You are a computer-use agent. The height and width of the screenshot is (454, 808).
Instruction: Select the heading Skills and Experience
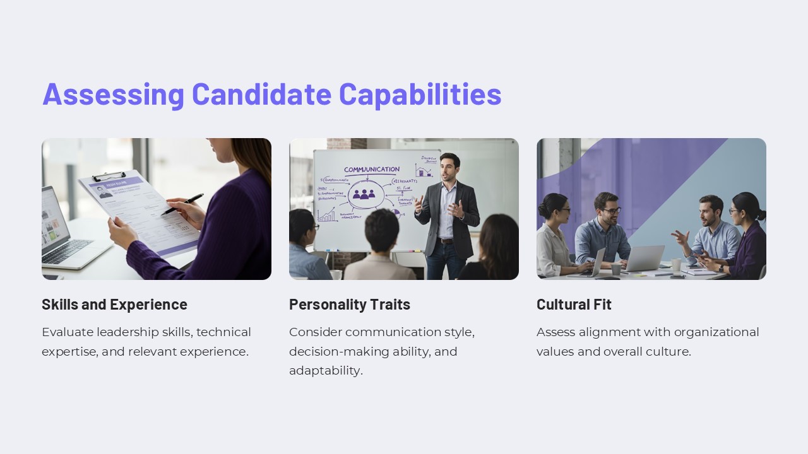tap(114, 305)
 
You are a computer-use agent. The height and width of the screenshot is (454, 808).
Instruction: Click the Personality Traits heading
tap(350, 305)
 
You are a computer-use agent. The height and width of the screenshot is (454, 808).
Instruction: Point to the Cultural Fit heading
tap(574, 305)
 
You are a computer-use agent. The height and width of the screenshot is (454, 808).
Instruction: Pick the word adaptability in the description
tap(325, 371)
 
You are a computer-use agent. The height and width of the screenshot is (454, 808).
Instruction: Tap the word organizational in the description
tap(716, 332)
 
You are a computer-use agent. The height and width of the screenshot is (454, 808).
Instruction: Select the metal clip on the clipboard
tap(109, 177)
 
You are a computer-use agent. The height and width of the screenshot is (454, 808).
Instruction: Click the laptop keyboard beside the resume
tap(66, 252)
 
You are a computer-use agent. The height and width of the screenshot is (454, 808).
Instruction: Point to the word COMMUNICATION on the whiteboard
tap(371, 170)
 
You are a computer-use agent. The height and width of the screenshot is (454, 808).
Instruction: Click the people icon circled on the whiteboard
tap(364, 194)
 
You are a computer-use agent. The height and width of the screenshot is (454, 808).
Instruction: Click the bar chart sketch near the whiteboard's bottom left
tap(327, 214)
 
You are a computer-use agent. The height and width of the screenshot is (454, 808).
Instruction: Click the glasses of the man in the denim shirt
tap(610, 210)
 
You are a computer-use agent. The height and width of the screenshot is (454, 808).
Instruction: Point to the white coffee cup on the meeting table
tap(676, 264)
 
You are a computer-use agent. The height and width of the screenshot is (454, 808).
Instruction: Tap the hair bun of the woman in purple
tap(761, 215)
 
